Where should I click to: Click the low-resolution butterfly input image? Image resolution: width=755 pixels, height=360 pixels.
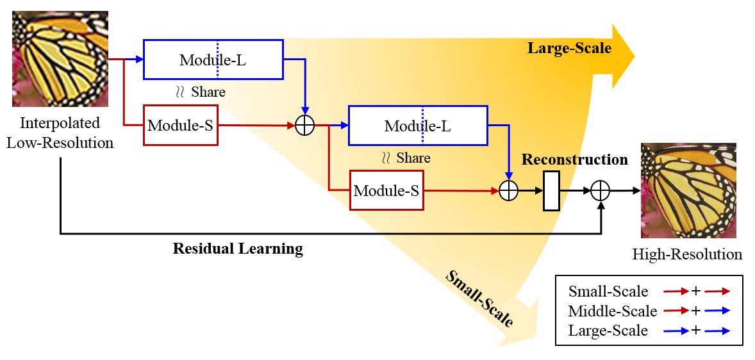(60, 59)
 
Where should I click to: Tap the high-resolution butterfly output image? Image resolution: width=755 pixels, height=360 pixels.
(688, 190)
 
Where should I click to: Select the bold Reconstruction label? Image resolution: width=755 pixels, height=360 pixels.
(575, 160)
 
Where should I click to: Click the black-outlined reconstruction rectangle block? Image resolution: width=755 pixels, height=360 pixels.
(551, 191)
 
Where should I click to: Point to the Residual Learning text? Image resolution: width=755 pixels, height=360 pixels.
(238, 249)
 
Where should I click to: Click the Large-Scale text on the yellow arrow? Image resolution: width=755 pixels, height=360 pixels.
(569, 48)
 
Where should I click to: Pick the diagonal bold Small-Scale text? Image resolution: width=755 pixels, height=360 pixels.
(479, 299)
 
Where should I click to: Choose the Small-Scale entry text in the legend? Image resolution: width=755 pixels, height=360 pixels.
(608, 291)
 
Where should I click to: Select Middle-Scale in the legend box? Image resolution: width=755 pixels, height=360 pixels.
(613, 311)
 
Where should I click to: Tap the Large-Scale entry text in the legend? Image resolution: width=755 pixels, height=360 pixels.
(608, 331)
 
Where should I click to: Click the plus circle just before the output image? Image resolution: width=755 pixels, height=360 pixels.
(600, 190)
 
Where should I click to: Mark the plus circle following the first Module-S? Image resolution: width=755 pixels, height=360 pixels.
(305, 126)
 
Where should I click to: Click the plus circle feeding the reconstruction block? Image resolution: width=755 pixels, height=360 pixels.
(508, 190)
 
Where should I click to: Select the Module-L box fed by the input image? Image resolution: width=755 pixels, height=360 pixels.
(213, 60)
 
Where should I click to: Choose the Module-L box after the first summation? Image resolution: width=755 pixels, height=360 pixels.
(418, 126)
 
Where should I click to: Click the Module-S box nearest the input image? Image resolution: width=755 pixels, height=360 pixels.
(181, 126)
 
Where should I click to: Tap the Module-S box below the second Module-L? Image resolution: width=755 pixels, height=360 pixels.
(386, 190)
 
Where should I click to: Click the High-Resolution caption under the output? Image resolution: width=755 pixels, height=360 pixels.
(687, 254)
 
